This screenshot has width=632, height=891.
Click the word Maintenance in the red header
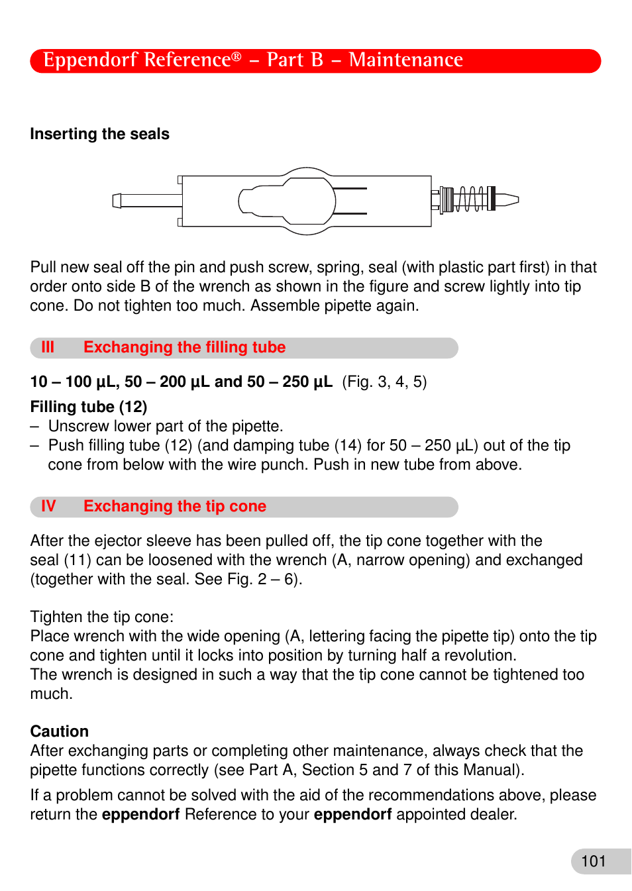405,60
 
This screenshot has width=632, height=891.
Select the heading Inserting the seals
99,134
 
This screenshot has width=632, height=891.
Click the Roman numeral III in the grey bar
48,348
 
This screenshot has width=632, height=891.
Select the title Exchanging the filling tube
184,348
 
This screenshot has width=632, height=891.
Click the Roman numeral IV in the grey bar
48,507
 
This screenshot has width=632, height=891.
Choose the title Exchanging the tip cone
175,507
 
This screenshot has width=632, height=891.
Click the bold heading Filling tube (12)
89,407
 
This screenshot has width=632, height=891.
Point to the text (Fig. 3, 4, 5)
384,382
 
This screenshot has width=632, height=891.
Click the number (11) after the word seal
78,560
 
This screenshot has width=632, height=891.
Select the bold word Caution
60,731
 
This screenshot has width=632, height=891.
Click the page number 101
594,861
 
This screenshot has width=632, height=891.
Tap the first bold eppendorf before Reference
140,815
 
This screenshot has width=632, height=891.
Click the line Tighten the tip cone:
102,617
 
